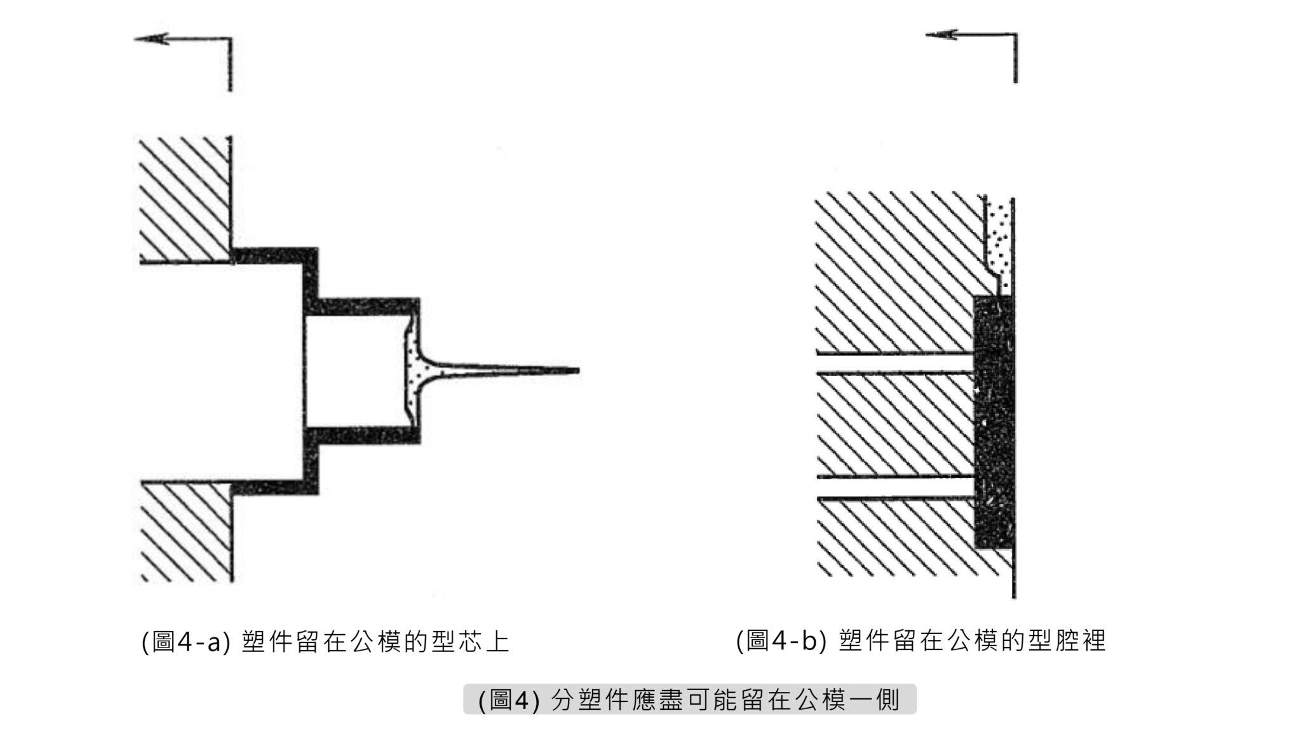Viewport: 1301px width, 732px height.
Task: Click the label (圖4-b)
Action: point(781,640)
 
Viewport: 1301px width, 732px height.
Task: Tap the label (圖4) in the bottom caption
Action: point(508,700)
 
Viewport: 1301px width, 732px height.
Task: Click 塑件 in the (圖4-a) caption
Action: point(267,642)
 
